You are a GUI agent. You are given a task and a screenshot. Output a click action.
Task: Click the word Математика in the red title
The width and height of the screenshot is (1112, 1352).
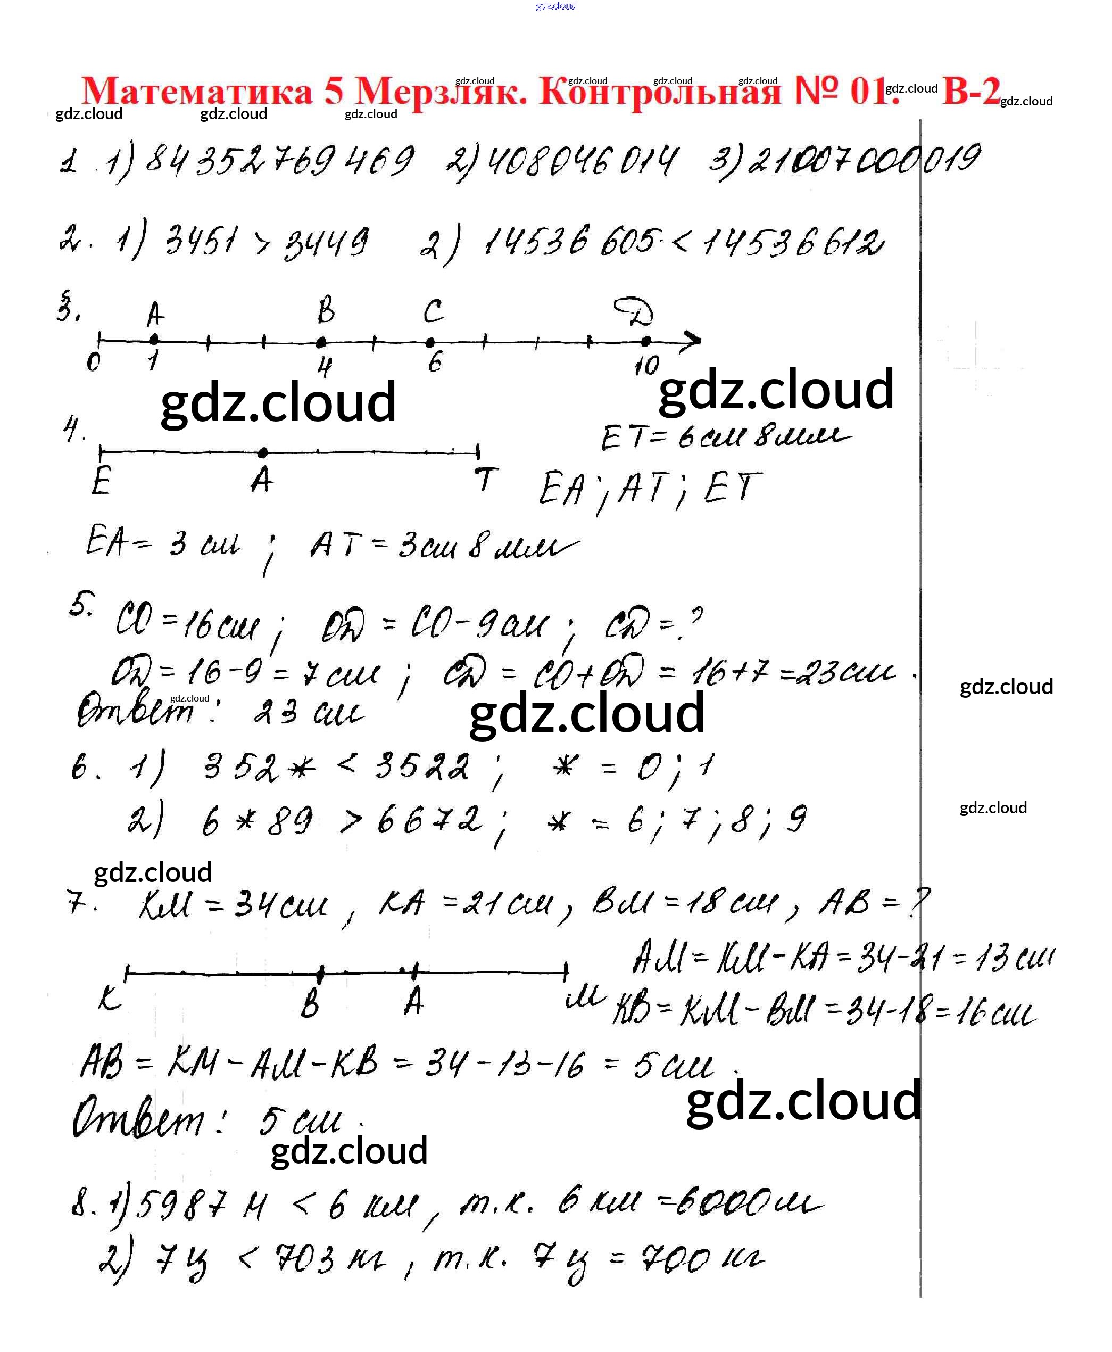click(x=197, y=92)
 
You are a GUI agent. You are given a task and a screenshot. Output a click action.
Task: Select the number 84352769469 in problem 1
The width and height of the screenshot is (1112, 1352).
click(x=280, y=160)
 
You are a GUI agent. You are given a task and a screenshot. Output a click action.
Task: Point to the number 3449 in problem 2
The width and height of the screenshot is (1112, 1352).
click(x=326, y=243)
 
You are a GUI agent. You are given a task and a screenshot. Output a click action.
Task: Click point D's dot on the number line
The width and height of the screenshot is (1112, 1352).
click(x=646, y=341)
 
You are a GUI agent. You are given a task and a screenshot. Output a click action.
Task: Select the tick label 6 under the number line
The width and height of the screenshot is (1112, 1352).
click(x=435, y=362)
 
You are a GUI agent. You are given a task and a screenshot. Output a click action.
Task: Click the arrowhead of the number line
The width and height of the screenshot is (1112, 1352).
click(x=693, y=341)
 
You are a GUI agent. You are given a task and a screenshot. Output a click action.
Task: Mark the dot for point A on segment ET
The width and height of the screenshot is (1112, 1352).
click(x=263, y=453)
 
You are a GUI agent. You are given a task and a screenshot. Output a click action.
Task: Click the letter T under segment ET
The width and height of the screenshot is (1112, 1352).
click(x=486, y=479)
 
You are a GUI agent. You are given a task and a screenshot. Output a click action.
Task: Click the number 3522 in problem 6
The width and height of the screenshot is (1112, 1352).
click(x=421, y=766)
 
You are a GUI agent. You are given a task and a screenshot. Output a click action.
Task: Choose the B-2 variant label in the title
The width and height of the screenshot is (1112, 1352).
click(x=971, y=90)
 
